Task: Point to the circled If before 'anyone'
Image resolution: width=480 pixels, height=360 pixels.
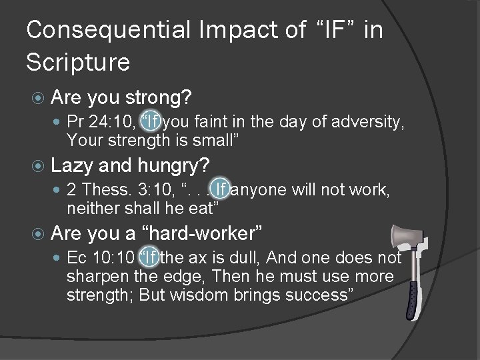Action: click(221, 191)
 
